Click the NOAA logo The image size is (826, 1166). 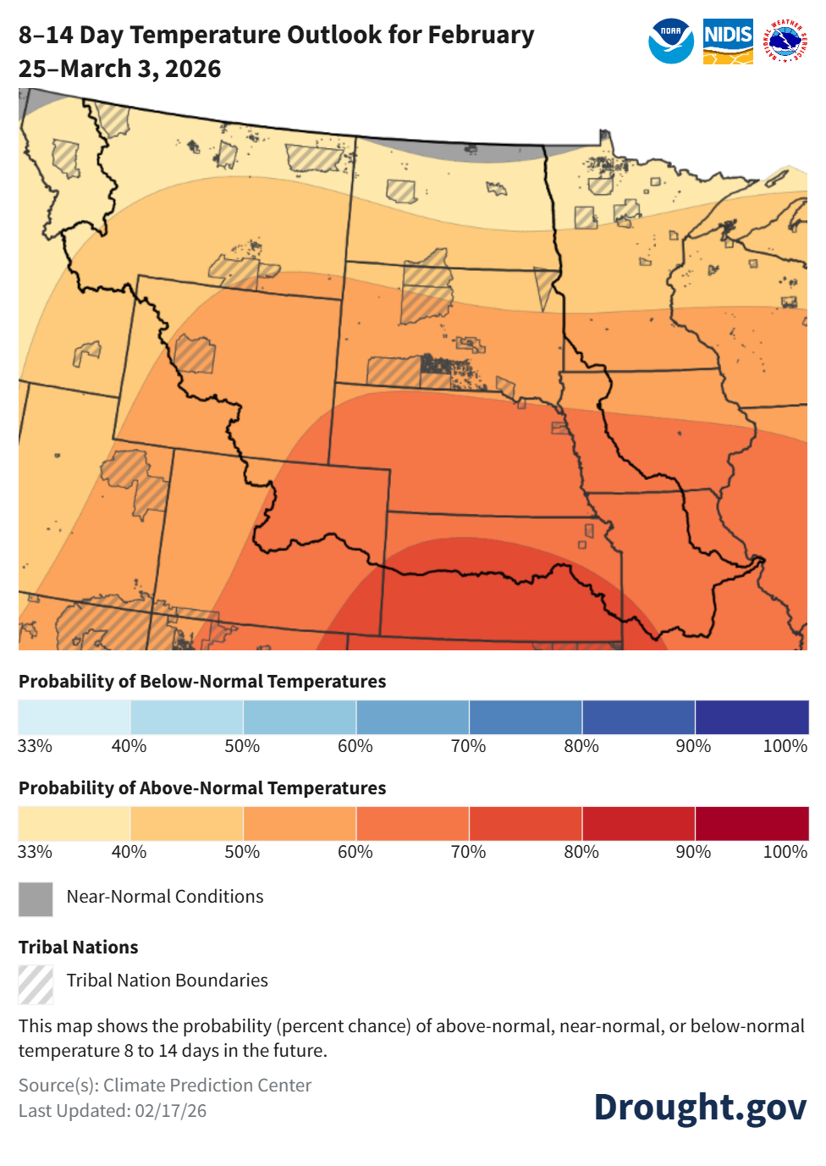point(670,41)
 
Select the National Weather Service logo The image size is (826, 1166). point(785,41)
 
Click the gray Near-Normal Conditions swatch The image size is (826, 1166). point(36,899)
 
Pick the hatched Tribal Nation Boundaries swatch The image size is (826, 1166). point(36,984)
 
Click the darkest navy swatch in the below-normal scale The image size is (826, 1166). point(752,717)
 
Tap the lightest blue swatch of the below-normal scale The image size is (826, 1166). point(74,717)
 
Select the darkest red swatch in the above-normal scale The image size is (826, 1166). point(752,823)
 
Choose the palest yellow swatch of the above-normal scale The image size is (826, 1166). point(74,823)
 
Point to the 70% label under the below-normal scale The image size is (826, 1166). point(468,746)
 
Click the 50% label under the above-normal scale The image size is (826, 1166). point(242,852)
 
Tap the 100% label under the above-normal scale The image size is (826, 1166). point(785,852)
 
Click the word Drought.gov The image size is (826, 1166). point(700,1108)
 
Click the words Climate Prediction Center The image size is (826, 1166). point(207,1086)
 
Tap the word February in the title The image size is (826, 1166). point(480,36)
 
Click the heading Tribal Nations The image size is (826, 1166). point(78,948)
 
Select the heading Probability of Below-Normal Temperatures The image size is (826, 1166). point(202,682)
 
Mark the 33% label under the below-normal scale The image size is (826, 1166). point(35,746)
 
